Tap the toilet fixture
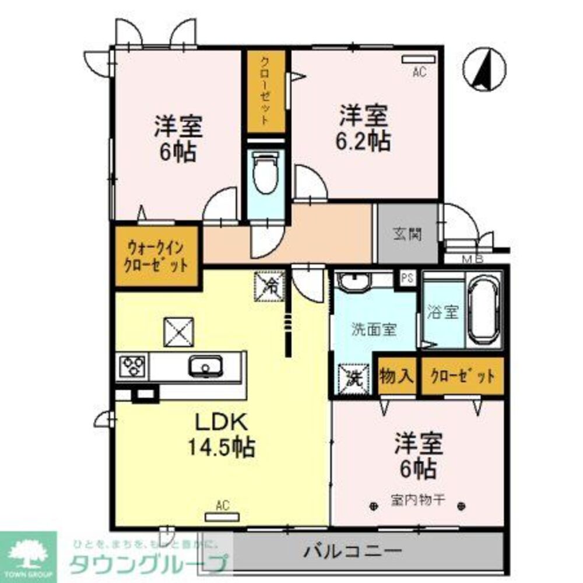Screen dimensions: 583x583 point(266,173)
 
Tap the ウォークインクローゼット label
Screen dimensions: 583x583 point(157,257)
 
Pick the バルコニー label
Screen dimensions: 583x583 point(353,551)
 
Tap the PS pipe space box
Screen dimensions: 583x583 point(407,278)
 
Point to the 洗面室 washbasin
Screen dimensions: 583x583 point(354,283)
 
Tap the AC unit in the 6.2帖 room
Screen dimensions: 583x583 point(419,59)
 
